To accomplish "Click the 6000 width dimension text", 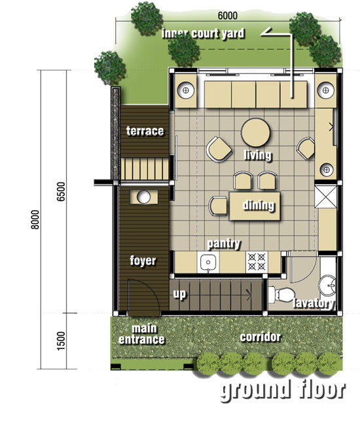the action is pyautogui.click(x=228, y=16).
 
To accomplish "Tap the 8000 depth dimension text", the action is pyautogui.click(x=35, y=219).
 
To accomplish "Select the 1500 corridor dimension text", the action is pyautogui.click(x=62, y=341).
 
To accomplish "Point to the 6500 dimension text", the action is pyautogui.click(x=62, y=191).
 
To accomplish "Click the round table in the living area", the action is pyautogui.click(x=255, y=132).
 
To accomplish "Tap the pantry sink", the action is pyautogui.click(x=208, y=262).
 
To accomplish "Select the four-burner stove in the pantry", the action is pyautogui.click(x=257, y=262).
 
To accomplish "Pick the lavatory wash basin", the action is pyautogui.click(x=328, y=286).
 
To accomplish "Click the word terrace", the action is pyautogui.click(x=145, y=131).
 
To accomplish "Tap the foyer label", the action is pyautogui.click(x=143, y=261).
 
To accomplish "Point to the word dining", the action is pyautogui.click(x=259, y=205).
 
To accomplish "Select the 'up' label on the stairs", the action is pyautogui.click(x=179, y=294).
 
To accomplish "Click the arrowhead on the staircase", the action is pyautogui.click(x=249, y=295).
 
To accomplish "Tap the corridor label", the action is pyautogui.click(x=260, y=337).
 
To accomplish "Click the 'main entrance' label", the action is pyautogui.click(x=142, y=334).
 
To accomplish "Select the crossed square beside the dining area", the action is pyautogui.click(x=325, y=196).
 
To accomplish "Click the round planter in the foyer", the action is pyautogui.click(x=143, y=197).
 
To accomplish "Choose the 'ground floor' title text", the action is pyautogui.click(x=283, y=390).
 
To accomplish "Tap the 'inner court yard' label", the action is pyautogui.click(x=203, y=34).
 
